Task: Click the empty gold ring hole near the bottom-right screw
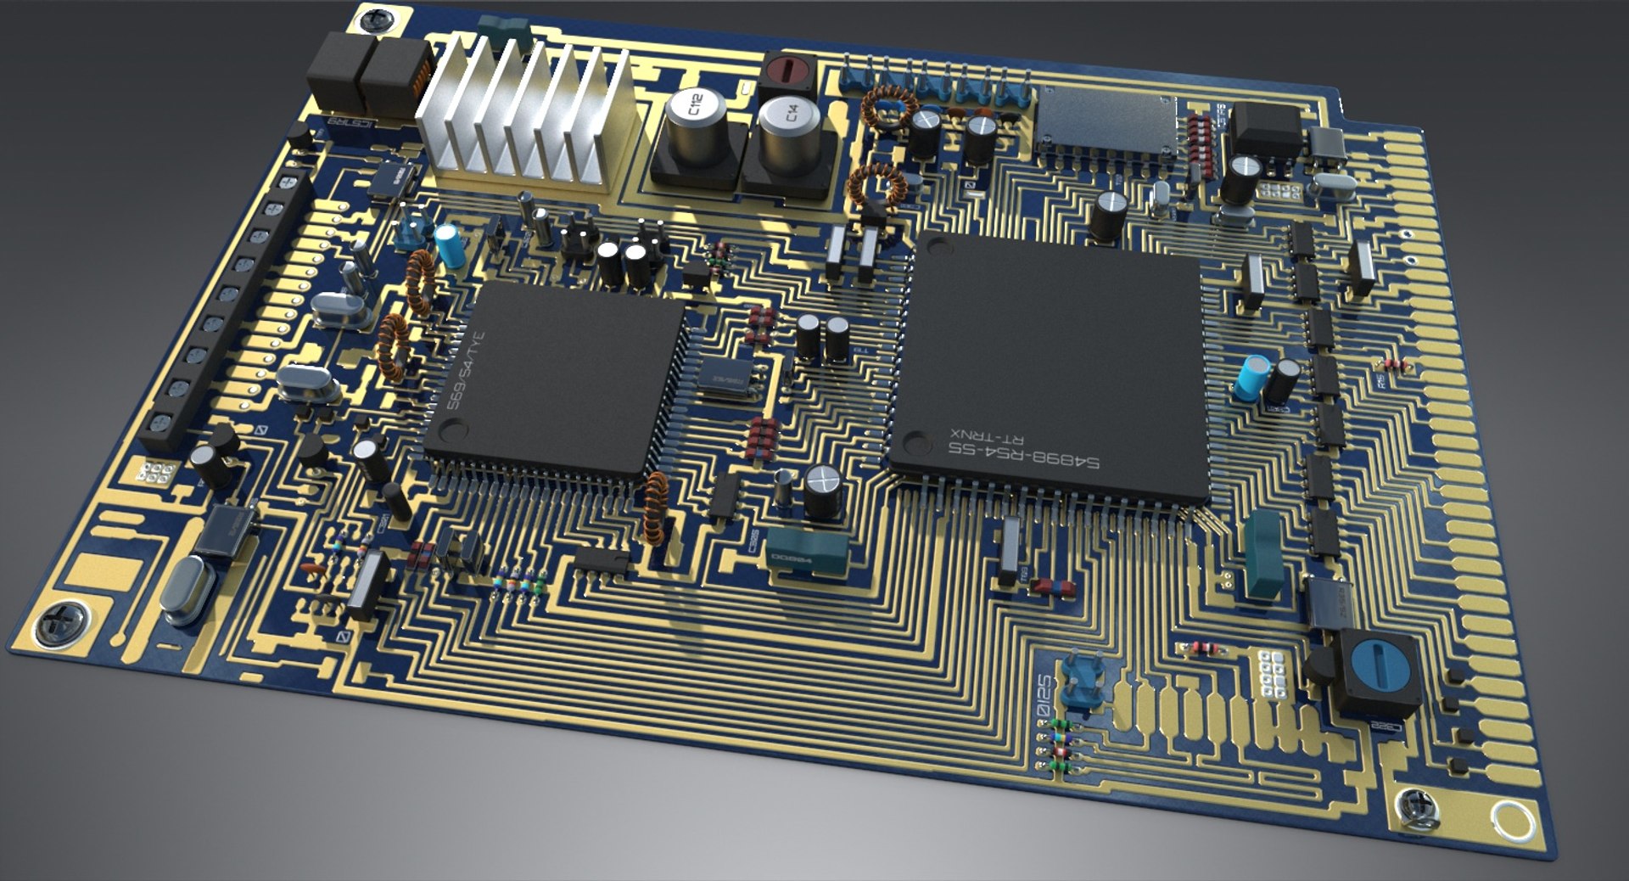pos(1512,820)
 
